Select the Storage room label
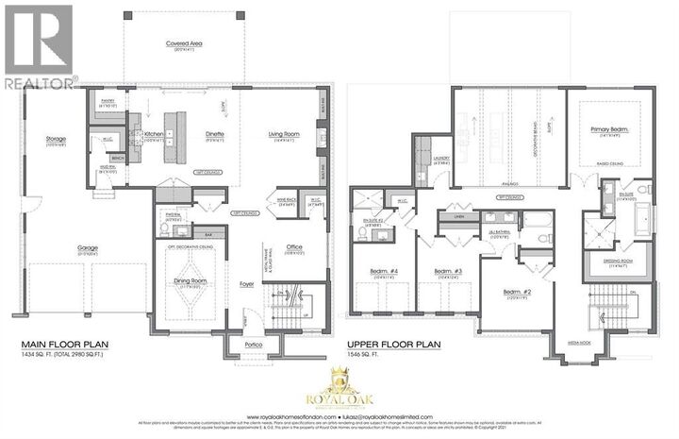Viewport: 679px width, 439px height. (56, 139)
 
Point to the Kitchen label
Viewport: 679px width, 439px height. (154, 135)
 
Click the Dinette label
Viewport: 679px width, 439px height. (215, 135)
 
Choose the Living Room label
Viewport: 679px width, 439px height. (283, 135)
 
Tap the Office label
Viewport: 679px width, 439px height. (294, 247)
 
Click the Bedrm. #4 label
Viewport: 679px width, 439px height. (382, 272)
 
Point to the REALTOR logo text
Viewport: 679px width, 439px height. (40, 83)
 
